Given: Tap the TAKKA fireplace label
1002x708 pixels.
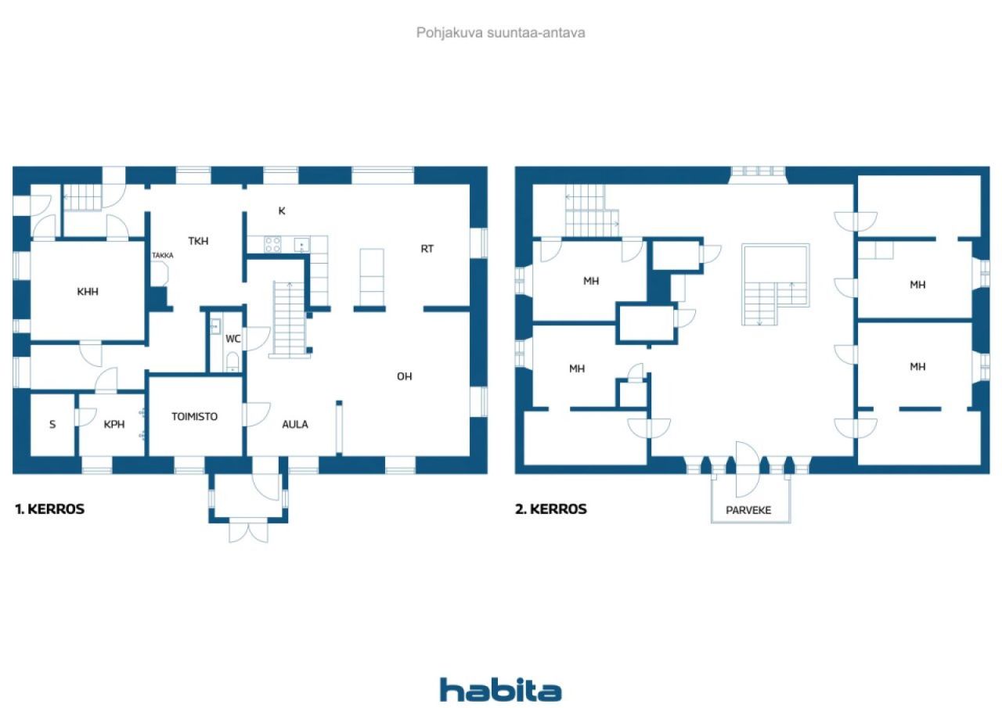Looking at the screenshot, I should (163, 255).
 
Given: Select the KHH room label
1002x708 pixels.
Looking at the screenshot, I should (88, 292).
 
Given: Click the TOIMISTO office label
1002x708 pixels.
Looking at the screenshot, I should (195, 417).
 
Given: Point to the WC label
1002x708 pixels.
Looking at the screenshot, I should (232, 339).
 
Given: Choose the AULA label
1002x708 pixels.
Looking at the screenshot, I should (295, 425).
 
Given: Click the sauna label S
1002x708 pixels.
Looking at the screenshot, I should (52, 425).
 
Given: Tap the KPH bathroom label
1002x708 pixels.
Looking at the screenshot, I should (115, 425).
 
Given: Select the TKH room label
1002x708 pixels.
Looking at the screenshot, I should (198, 241).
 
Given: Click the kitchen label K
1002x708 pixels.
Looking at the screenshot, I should (282, 210).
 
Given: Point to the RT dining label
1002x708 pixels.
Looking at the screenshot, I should (427, 249).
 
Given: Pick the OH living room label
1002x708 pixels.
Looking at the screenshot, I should (404, 376).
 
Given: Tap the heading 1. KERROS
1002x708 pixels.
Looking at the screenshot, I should (50, 509).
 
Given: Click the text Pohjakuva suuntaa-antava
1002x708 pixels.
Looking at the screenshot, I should (500, 33).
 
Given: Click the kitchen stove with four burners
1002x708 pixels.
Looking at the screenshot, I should (272, 244).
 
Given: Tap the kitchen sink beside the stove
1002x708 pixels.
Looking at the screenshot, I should (301, 245).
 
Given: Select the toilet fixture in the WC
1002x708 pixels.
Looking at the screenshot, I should (232, 361).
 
